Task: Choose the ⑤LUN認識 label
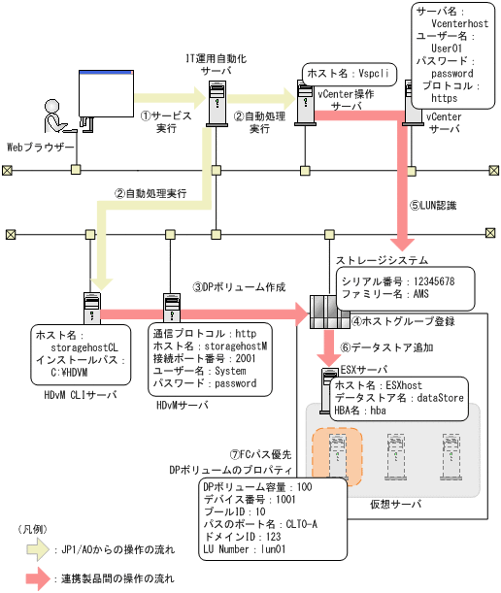click(x=433, y=205)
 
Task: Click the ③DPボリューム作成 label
click(x=239, y=287)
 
